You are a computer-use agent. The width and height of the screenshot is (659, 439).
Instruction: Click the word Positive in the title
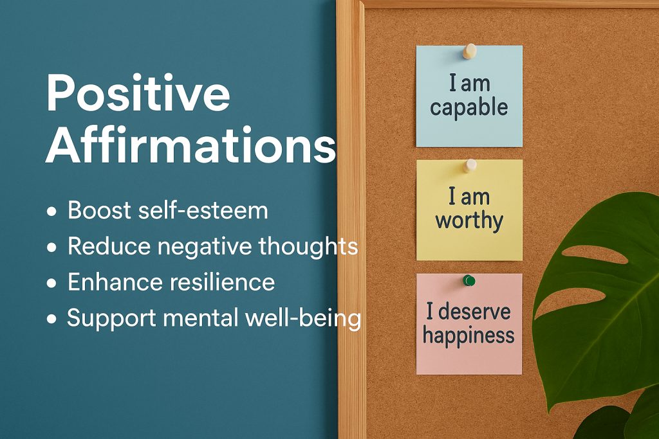pos(138,93)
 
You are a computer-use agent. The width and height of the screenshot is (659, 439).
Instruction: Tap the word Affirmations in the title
pos(191,145)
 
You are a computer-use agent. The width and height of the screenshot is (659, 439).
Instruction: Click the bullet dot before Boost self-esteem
pos(51,211)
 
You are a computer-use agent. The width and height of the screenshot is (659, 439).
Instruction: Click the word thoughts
pos(308,246)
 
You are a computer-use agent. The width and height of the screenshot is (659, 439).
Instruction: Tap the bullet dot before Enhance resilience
pos(51,283)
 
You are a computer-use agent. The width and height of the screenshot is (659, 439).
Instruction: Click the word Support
pos(111,319)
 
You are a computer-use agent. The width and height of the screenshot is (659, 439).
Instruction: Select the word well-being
pos(303,319)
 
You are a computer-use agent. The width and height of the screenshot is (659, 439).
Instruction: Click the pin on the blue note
pos(469,51)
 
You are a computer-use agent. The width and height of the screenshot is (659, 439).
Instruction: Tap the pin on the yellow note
pos(470,165)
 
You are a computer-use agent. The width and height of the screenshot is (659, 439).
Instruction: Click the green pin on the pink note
pos(469,280)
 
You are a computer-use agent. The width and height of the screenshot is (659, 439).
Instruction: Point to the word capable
pos(469,108)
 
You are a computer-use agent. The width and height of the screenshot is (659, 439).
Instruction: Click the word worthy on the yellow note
pos(469,221)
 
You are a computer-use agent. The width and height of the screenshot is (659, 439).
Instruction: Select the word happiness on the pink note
pos(469,336)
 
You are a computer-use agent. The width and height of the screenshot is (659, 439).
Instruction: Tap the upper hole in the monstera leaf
pos(594,254)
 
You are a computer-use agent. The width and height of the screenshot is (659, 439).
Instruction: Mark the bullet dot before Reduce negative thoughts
pos(51,247)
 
